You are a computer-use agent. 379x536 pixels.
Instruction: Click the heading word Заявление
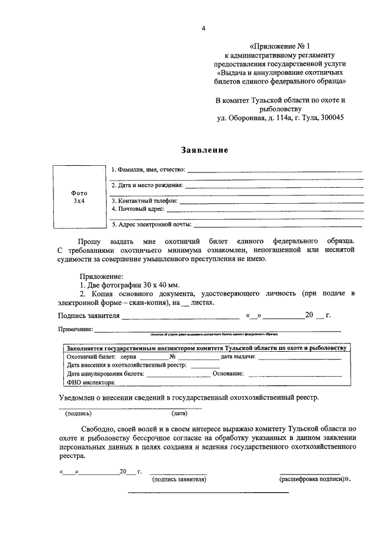[204, 150]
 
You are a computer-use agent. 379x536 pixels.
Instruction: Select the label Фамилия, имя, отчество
[149, 170]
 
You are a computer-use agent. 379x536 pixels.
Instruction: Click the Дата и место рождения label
[147, 185]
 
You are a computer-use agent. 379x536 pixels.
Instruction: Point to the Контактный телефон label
[144, 201]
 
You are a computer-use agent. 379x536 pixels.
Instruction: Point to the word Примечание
[75, 329]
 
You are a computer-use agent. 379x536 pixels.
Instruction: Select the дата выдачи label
[237, 357]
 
